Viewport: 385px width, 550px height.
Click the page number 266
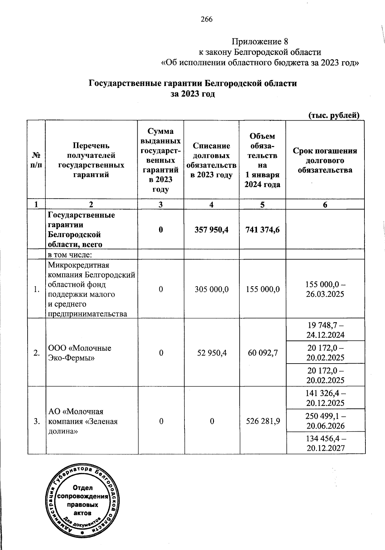[x=207, y=20]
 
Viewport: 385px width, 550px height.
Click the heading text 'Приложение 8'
[x=260, y=42]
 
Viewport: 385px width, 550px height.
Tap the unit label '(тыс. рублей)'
[x=333, y=115]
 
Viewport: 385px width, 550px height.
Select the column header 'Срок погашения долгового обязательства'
[x=325, y=160]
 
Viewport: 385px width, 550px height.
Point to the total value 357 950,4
[x=211, y=229]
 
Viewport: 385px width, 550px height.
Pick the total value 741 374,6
[x=262, y=229]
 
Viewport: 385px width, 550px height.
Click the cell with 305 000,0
[x=211, y=289]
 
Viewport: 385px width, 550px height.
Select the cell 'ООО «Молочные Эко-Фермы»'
[x=80, y=353]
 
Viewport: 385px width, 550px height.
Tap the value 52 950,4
[x=211, y=353]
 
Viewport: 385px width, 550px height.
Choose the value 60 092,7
[x=262, y=353]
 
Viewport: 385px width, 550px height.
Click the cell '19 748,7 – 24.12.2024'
[x=325, y=330]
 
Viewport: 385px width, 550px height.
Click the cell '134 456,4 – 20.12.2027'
[x=325, y=443]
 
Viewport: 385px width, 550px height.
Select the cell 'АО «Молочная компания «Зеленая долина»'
[x=83, y=421]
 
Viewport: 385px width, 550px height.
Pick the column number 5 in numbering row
[x=262, y=204]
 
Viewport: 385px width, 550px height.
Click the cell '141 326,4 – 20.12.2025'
[x=325, y=398]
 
